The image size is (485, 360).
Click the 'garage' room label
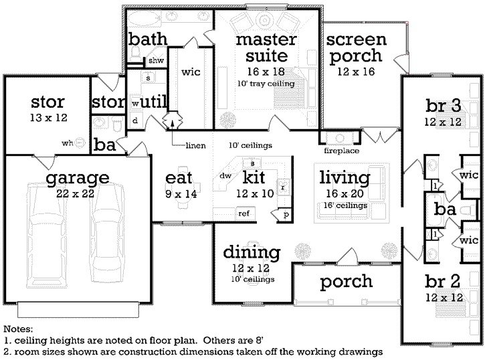[78, 179]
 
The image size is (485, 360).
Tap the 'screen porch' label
[355, 48]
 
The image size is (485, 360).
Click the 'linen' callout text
[195, 145]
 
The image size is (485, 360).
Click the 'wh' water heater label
[68, 142]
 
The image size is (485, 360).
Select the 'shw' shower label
[156, 61]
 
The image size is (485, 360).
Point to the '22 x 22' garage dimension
[78, 195]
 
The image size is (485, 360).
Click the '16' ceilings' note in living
[345, 205]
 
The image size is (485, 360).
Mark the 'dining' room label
[251, 253]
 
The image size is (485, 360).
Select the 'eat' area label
[179, 178]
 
